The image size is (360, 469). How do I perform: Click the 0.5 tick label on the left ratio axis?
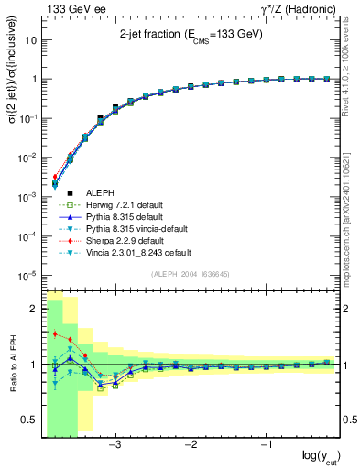(28, 420)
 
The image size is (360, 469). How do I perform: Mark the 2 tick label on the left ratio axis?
(33, 309)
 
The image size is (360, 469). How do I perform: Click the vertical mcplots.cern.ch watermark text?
(352, 206)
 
